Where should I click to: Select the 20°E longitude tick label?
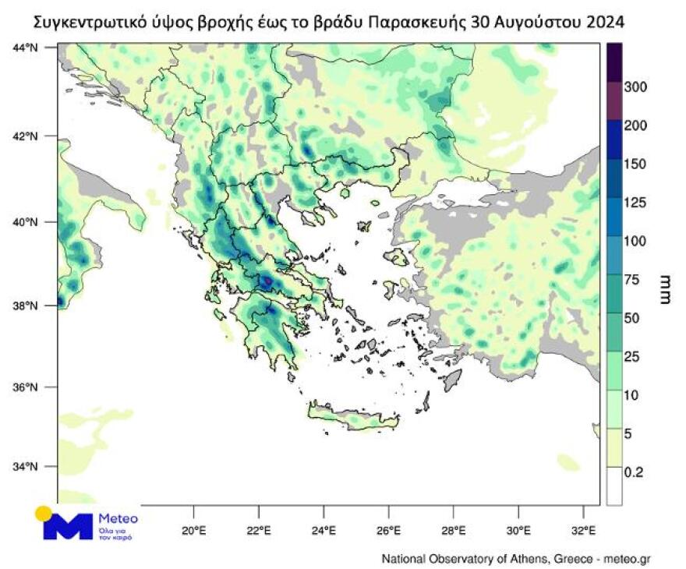pos(193,532)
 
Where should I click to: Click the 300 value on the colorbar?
pos(637,87)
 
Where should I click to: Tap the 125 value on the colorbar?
pos(637,203)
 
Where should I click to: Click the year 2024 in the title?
pos(601,23)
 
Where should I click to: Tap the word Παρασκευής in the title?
pos(417,23)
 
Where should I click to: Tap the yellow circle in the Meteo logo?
pos(44,514)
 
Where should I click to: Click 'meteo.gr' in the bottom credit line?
pos(628,559)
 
